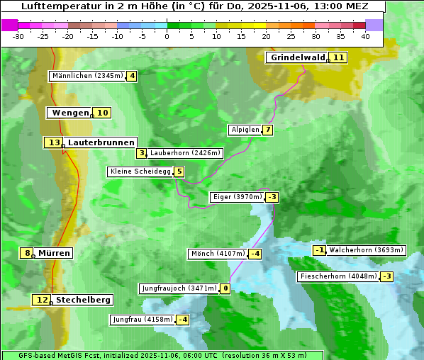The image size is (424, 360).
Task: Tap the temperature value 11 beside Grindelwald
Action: [339, 57]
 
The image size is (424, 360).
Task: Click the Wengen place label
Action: [70, 113]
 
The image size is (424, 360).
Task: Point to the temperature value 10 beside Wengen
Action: [102, 113]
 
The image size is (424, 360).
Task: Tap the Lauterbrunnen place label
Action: [101, 142]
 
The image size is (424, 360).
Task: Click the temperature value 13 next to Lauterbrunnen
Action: [54, 142]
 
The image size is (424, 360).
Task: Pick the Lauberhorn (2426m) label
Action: [186, 153]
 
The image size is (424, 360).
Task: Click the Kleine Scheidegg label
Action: [140, 171]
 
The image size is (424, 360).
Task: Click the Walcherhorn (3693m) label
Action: [367, 250]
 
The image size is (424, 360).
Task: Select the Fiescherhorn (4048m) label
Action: [338, 276]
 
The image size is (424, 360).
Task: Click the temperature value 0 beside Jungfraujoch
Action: [225, 288]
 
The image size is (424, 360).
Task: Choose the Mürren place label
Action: [54, 253]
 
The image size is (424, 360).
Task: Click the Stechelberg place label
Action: [83, 300]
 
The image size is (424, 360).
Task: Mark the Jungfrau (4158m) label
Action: [143, 320]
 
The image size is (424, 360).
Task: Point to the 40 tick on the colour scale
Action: [365, 36]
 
